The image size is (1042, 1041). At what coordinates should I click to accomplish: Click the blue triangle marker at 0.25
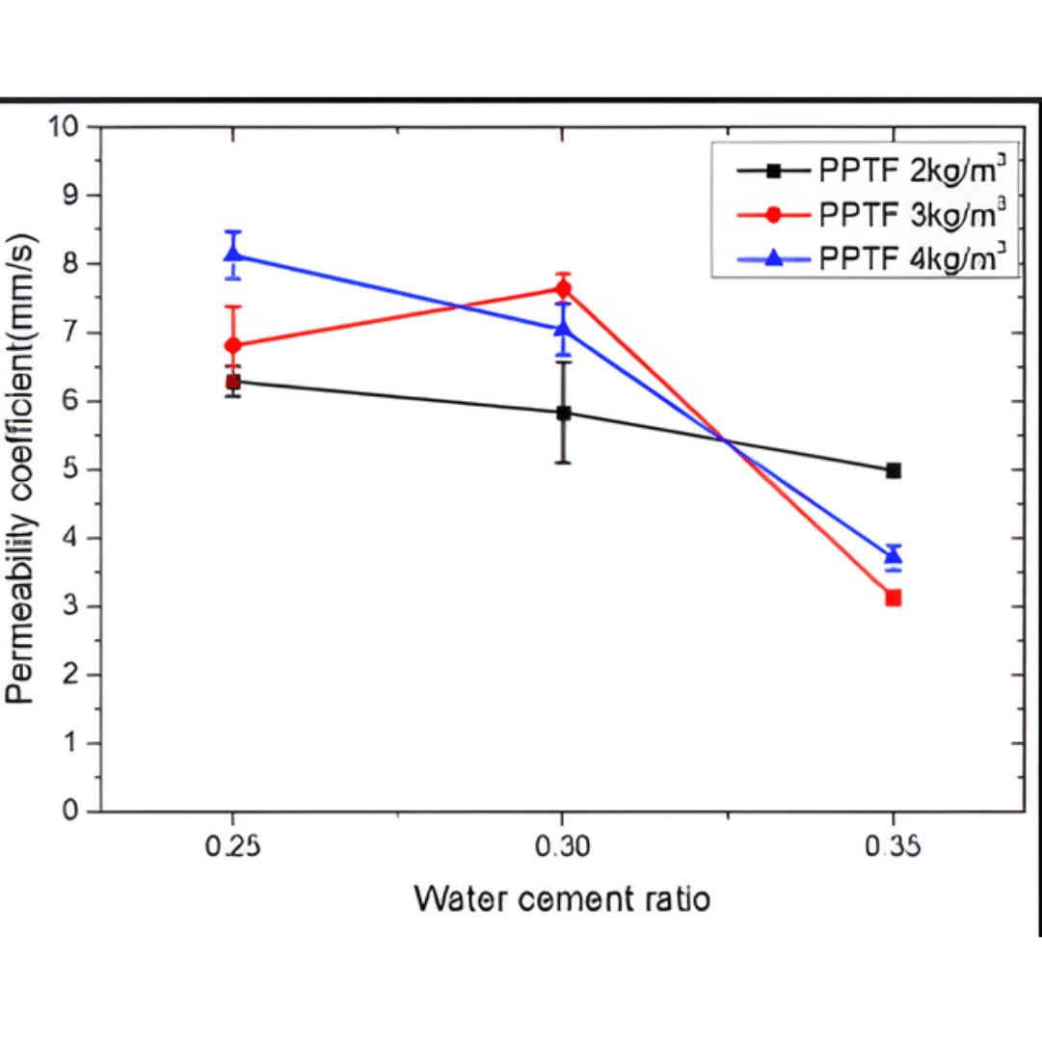pyautogui.click(x=232, y=254)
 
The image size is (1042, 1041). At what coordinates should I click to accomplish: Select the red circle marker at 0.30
pyautogui.click(x=564, y=289)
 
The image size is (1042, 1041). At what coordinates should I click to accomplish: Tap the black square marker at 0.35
pyautogui.click(x=894, y=470)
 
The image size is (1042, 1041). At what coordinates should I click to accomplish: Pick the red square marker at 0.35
pyautogui.click(x=894, y=598)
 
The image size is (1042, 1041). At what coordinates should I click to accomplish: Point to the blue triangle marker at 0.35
pyautogui.click(x=894, y=555)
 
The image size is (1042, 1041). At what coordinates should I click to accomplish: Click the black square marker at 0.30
pyautogui.click(x=564, y=414)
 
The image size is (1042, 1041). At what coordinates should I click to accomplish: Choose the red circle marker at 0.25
pyautogui.click(x=232, y=345)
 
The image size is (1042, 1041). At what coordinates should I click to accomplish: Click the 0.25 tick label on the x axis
pyautogui.click(x=232, y=847)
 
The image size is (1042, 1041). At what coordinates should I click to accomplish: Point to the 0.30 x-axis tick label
pyautogui.click(x=564, y=847)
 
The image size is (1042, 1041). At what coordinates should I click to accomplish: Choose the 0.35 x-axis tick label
pyautogui.click(x=894, y=847)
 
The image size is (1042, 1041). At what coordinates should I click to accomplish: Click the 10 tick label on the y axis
pyautogui.click(x=72, y=127)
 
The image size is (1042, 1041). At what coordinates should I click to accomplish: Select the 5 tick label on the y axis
pyautogui.click(x=80, y=470)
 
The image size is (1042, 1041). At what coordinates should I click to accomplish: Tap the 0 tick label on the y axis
pyautogui.click(x=80, y=812)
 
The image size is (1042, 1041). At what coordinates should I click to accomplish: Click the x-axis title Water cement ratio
pyautogui.click(x=562, y=899)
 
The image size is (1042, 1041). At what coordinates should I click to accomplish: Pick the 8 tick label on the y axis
pyautogui.click(x=80, y=264)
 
